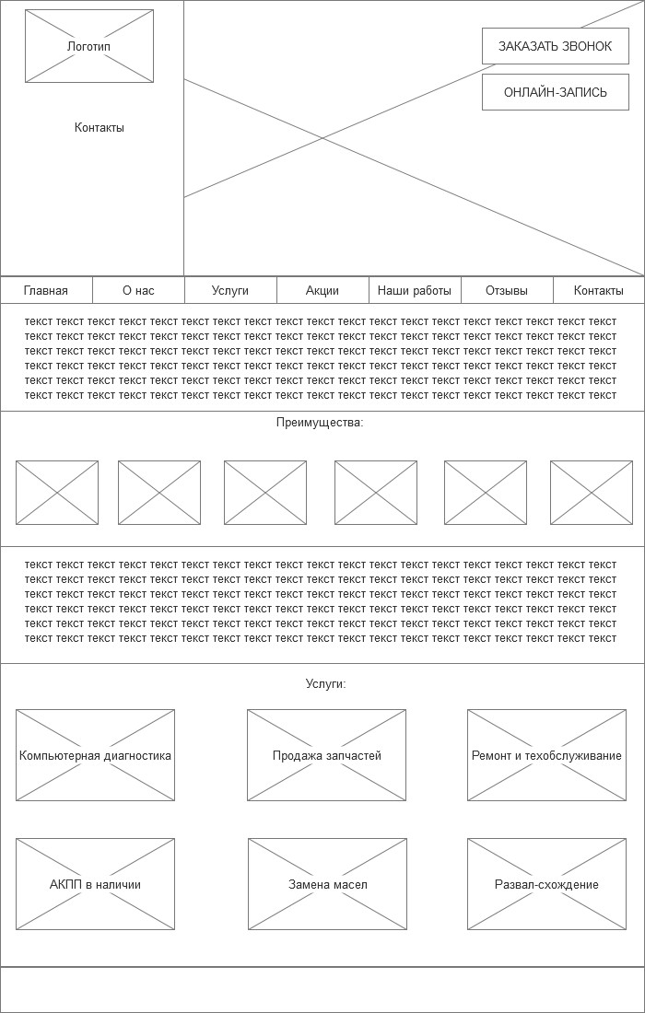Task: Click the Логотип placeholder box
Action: click(89, 46)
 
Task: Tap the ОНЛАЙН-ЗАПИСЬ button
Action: click(555, 92)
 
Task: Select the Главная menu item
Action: click(46, 290)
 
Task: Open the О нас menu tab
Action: click(138, 290)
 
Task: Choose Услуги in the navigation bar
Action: click(230, 290)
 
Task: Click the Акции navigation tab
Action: click(322, 290)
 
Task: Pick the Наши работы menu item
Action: click(415, 290)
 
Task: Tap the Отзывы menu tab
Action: click(507, 290)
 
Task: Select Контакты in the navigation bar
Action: click(599, 290)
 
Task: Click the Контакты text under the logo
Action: click(100, 128)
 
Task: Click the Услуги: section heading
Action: click(325, 684)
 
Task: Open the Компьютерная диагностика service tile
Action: click(95, 755)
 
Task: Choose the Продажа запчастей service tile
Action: click(326, 755)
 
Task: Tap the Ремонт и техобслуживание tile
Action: click(546, 755)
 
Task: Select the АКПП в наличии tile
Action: click(95, 884)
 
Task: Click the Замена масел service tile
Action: click(327, 884)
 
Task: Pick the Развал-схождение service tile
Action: click(546, 884)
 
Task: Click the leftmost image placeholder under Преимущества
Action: click(57, 493)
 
